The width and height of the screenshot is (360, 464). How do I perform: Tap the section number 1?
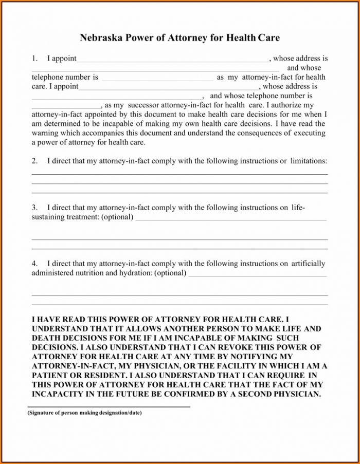pos(34,59)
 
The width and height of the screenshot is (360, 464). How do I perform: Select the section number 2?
pos(34,161)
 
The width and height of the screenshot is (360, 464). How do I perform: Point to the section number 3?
pos(34,208)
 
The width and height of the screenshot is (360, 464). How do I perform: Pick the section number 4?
pos(34,264)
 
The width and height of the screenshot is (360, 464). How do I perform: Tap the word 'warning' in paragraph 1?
pos(45,133)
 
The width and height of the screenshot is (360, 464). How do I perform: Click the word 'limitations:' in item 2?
pos(309,161)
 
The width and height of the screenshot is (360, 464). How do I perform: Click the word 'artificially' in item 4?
pos(308,264)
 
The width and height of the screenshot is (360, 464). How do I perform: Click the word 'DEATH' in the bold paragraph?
pos(45,338)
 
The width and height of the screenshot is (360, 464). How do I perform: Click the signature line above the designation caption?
pos(109,407)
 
